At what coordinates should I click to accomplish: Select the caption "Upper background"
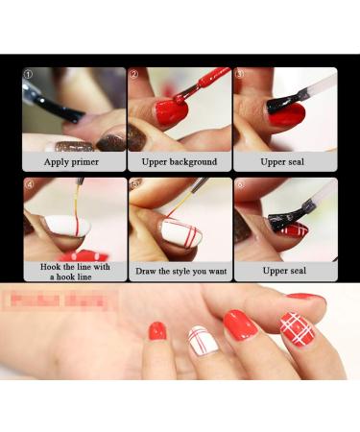pos(180,161)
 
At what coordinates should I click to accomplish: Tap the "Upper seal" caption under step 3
pos(283,161)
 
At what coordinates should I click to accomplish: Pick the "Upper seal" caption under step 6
pos(283,272)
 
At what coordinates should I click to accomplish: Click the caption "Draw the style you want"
pos(180,272)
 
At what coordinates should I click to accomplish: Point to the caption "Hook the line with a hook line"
pos(74,271)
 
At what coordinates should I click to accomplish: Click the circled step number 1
pos(29,74)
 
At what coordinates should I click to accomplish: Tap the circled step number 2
pos(134,74)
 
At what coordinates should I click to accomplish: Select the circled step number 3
pos(239,74)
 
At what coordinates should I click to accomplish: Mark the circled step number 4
pos(29,183)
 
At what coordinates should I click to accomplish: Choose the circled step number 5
pos(134,183)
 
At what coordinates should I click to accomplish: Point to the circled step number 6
pos(239,183)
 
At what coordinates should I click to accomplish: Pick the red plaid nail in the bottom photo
pos(297,329)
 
